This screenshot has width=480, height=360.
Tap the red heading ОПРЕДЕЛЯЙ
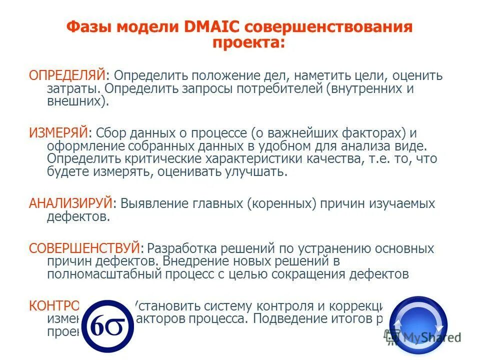[x=67, y=76]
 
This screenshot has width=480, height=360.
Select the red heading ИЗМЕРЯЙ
[x=58, y=133]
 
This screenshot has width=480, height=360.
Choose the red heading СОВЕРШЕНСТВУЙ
[x=84, y=248]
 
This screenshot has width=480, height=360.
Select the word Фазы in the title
[x=89, y=27]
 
